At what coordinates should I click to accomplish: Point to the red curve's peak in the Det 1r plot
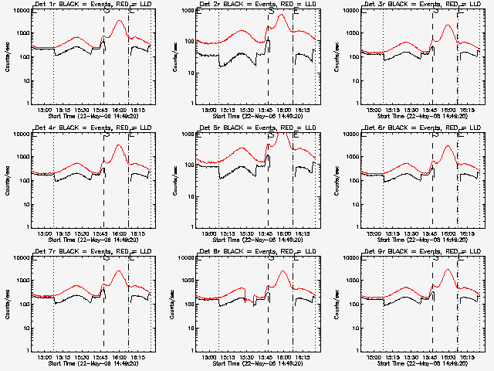pyautogui.click(x=118, y=21)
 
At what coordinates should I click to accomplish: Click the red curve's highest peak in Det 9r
pyautogui.click(x=447, y=270)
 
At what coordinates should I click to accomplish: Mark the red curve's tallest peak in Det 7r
pyautogui.click(x=118, y=271)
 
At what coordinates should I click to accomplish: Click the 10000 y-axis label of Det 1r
pyautogui.click(x=17, y=10)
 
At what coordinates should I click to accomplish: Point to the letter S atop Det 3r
pyautogui.click(x=435, y=11)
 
